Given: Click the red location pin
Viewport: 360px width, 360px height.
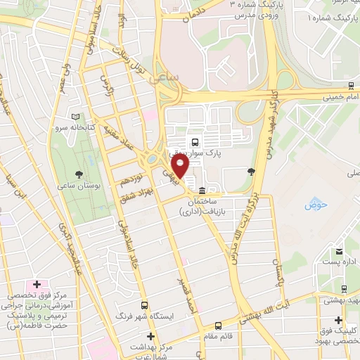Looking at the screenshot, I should click(181, 167).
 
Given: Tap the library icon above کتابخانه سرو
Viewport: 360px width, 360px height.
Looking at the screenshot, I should click(76, 117).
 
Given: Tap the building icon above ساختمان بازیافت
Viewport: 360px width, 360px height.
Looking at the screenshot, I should click(202, 191).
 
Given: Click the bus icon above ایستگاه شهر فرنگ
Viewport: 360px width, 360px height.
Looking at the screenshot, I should click(145, 306).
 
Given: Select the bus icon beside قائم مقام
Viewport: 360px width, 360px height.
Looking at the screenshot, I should click(219, 326).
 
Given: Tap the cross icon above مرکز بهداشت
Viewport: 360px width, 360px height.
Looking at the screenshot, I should click(150, 337).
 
